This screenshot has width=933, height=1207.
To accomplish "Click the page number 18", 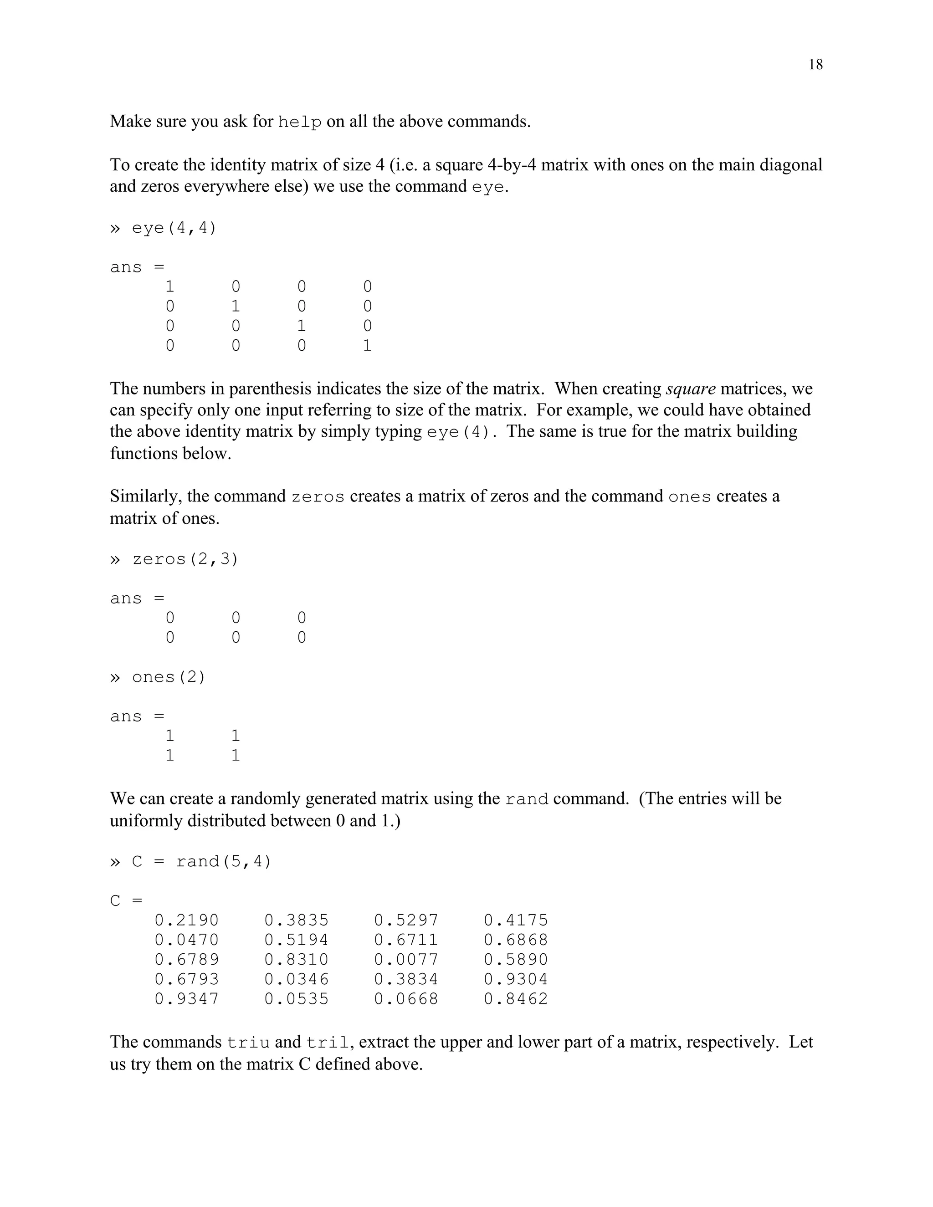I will pyautogui.click(x=815, y=65).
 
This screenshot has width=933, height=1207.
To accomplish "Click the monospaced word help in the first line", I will pyautogui.click(x=300, y=122).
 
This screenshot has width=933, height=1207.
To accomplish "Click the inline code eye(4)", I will pyautogui.click(x=458, y=432).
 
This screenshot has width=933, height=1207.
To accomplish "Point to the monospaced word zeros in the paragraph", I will pyautogui.click(x=318, y=497).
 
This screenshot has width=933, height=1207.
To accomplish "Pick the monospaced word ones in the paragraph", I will pyautogui.click(x=689, y=497).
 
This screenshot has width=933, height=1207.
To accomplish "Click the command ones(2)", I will pyautogui.click(x=169, y=677).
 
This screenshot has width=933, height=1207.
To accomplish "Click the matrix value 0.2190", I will pyautogui.click(x=186, y=920).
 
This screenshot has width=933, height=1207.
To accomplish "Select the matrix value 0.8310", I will pyautogui.click(x=296, y=959).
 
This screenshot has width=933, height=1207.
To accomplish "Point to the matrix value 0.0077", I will pyautogui.click(x=406, y=959).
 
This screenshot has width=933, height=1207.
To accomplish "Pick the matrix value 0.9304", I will pyautogui.click(x=516, y=979).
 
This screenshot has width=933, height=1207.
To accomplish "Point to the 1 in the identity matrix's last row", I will pyautogui.click(x=367, y=346).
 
